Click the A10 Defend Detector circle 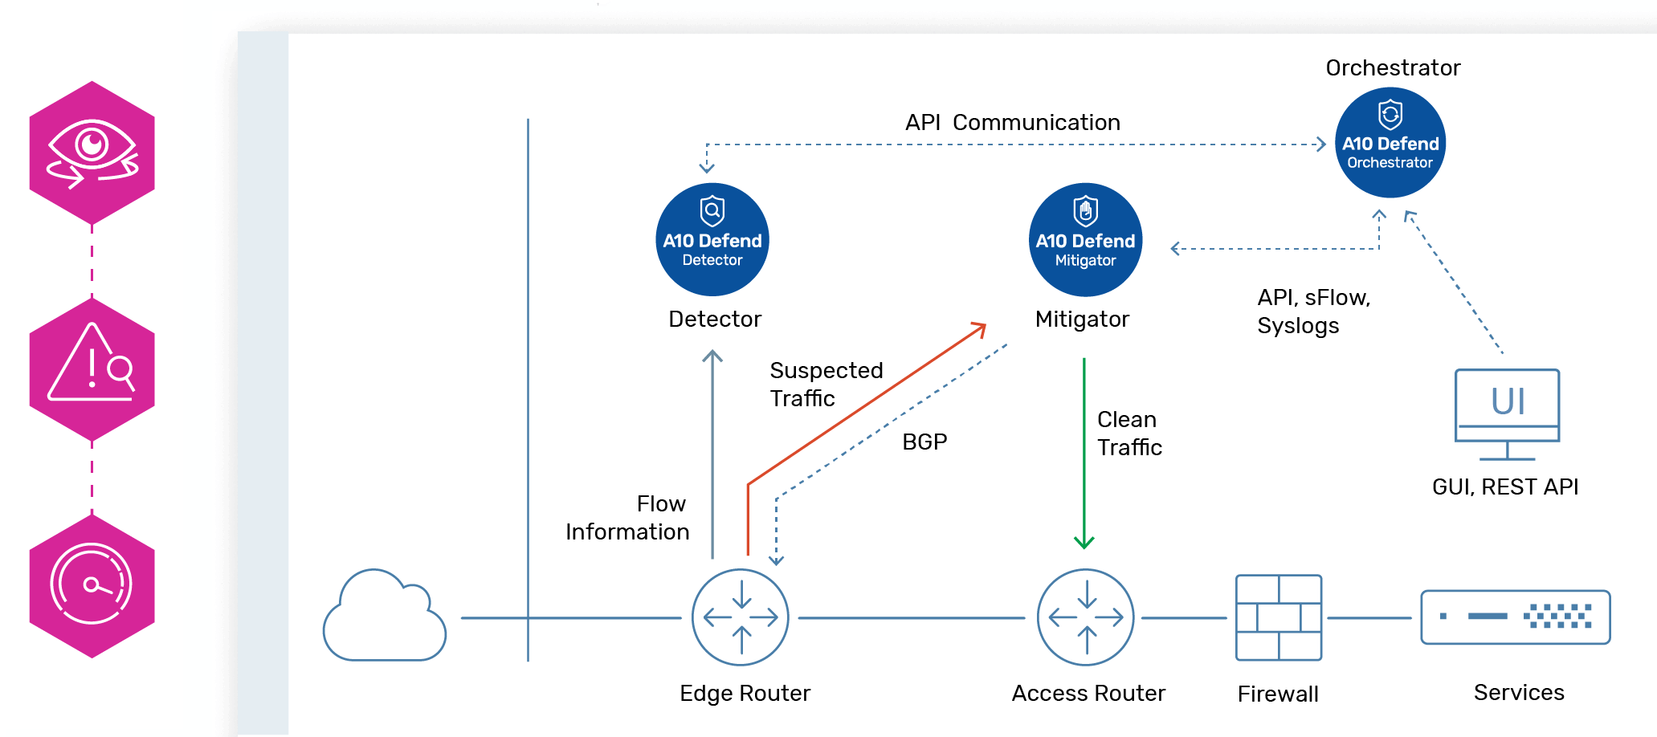click(712, 239)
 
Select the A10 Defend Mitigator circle click(1085, 239)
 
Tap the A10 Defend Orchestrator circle click(1390, 142)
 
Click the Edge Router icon click(740, 617)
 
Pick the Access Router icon click(1085, 617)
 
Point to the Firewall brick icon click(1278, 617)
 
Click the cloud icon click(384, 618)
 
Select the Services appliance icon click(1515, 617)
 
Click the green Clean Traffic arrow click(1084, 450)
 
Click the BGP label click(924, 442)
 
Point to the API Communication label click(1012, 122)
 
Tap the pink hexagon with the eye click(92, 153)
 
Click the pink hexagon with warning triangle click(92, 369)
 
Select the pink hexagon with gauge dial click(92, 586)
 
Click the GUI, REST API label click(1504, 487)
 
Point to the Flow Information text click(627, 517)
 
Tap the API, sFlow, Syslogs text click(1312, 311)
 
